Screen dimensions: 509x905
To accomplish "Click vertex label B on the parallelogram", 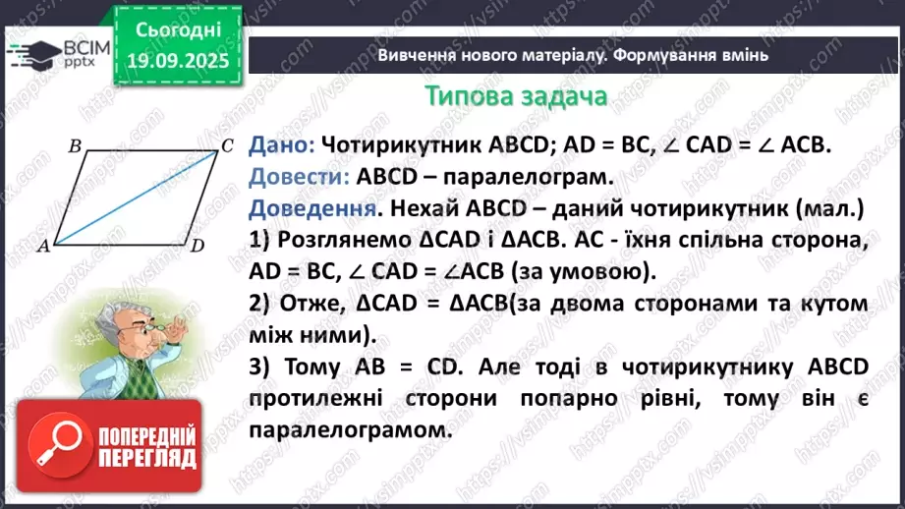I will pyautogui.click(x=75, y=146).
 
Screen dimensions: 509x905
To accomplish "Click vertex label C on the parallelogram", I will pyautogui.click(x=226, y=145).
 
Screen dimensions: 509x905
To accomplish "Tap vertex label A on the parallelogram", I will pyautogui.click(x=42, y=247).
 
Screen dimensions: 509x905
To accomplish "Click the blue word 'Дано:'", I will pyautogui.click(x=281, y=143).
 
